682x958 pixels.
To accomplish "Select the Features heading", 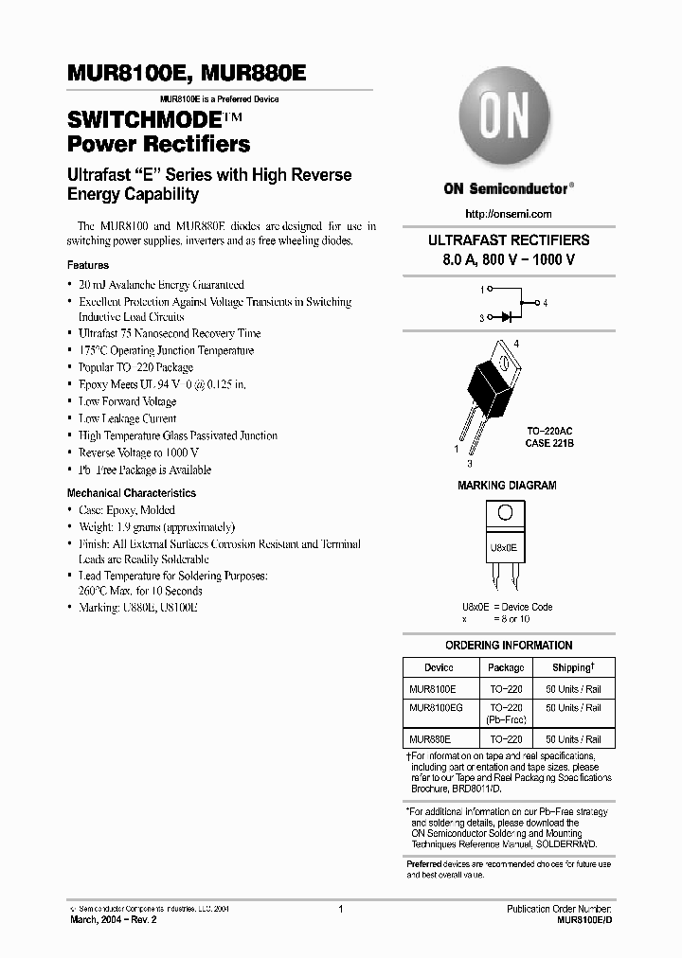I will click(x=88, y=265).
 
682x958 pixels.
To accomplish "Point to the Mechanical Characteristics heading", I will click(x=132, y=493).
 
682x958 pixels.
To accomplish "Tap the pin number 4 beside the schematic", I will click(x=545, y=303).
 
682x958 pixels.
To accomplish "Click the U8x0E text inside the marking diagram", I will click(x=504, y=547).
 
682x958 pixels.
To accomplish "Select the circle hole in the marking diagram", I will click(x=505, y=512).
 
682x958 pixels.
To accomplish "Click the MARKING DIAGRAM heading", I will click(x=507, y=486).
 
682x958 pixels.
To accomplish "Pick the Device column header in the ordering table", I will click(x=439, y=667).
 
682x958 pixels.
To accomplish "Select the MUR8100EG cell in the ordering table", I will click(x=437, y=707).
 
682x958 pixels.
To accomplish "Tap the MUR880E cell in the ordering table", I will click(x=430, y=739).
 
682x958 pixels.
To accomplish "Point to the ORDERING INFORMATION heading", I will click(x=508, y=646).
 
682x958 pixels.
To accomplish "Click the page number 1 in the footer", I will click(x=340, y=909).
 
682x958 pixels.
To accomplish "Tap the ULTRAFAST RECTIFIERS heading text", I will click(x=508, y=240).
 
